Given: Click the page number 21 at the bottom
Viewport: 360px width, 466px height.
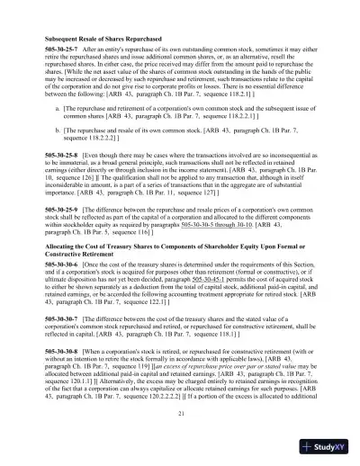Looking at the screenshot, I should [180, 413].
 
